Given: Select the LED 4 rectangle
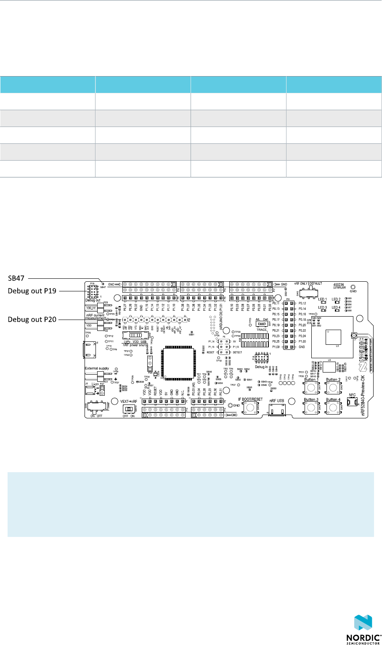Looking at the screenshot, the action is tap(337, 311).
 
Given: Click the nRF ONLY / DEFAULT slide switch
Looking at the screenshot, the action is tap(309, 291).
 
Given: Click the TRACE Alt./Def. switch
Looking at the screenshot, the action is tap(262, 324).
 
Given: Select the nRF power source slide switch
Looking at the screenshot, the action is tap(134, 336).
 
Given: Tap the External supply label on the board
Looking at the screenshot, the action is tap(97, 368).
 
